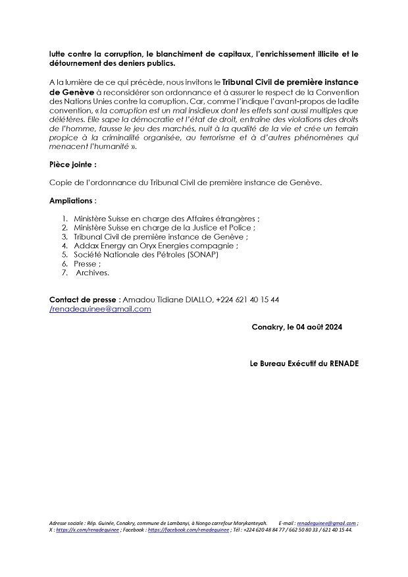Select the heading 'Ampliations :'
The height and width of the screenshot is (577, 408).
pos(72,200)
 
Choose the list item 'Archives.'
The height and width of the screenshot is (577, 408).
pos(93,271)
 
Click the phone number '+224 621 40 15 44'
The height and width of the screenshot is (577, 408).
pos(247,300)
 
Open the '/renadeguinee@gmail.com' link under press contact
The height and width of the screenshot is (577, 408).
pos(100,308)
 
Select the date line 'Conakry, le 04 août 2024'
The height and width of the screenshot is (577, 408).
pos(297,327)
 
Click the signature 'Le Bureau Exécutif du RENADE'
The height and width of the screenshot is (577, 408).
pos(304,364)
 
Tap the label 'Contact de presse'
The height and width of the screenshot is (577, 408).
pos(83,300)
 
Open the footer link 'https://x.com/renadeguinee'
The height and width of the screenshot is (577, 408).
pos(88,529)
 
